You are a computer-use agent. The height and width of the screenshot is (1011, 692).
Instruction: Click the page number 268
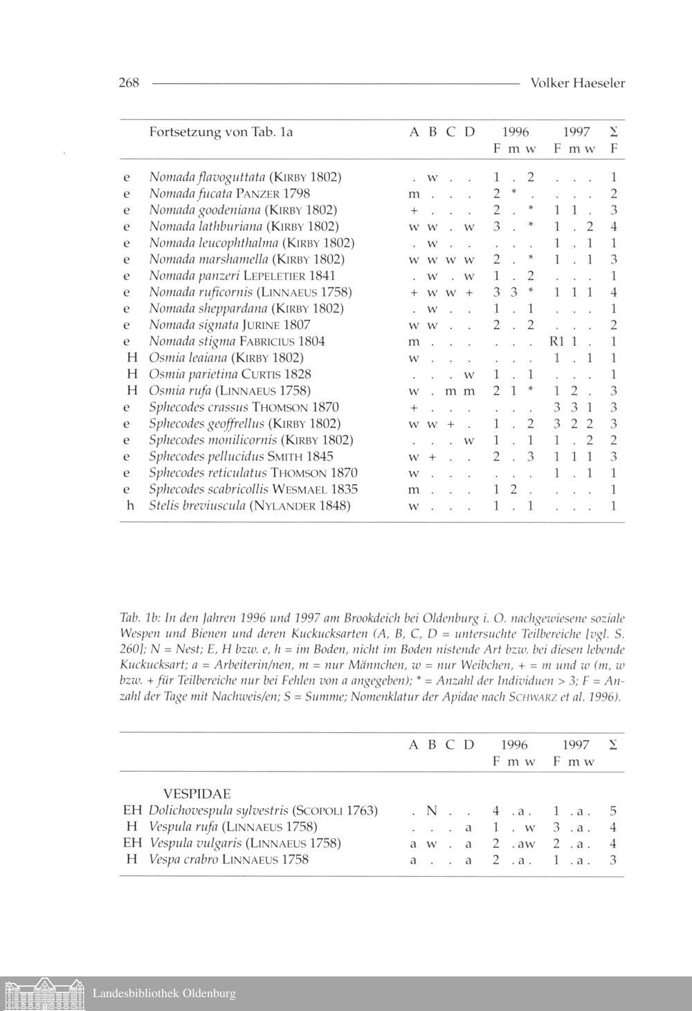coord(129,83)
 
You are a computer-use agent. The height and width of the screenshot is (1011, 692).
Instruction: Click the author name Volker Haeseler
coord(577,83)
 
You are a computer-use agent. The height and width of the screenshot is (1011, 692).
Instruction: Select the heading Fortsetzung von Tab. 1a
coord(221,131)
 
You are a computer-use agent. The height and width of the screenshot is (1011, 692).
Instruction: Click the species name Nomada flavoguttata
coord(207,177)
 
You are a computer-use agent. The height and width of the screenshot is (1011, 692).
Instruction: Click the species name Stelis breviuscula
coord(197,506)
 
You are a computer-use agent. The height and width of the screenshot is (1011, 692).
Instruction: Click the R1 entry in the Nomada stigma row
coord(557,342)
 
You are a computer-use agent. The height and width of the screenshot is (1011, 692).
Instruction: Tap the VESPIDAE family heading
coord(197,794)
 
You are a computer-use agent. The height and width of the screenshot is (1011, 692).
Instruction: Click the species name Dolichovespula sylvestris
coord(218,810)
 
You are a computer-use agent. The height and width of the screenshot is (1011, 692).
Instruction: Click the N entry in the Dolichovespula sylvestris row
coord(431,810)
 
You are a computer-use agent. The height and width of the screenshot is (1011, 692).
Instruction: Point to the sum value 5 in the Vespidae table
coord(613,810)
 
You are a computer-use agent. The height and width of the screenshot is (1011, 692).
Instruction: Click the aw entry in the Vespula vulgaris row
coord(526,844)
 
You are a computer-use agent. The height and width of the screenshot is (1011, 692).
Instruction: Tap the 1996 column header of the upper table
coord(515,131)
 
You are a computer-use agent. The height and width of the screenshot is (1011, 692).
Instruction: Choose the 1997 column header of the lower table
coord(576,745)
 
